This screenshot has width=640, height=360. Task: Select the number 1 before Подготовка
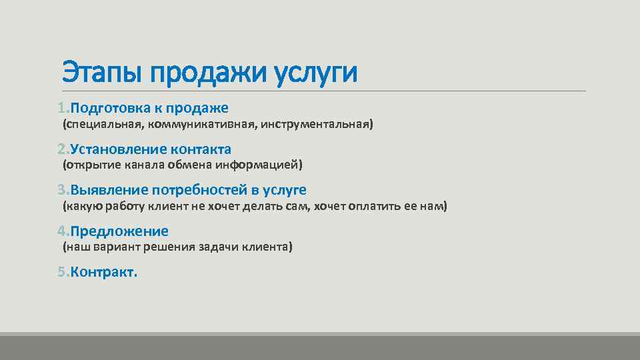tap(61, 108)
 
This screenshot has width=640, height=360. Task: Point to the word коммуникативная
tap(201, 125)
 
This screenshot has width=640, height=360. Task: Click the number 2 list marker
tap(61, 149)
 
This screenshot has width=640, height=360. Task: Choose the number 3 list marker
tap(61, 190)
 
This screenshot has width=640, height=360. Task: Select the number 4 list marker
tap(61, 231)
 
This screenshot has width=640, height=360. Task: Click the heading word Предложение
tap(119, 231)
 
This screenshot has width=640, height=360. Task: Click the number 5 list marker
tap(61, 272)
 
